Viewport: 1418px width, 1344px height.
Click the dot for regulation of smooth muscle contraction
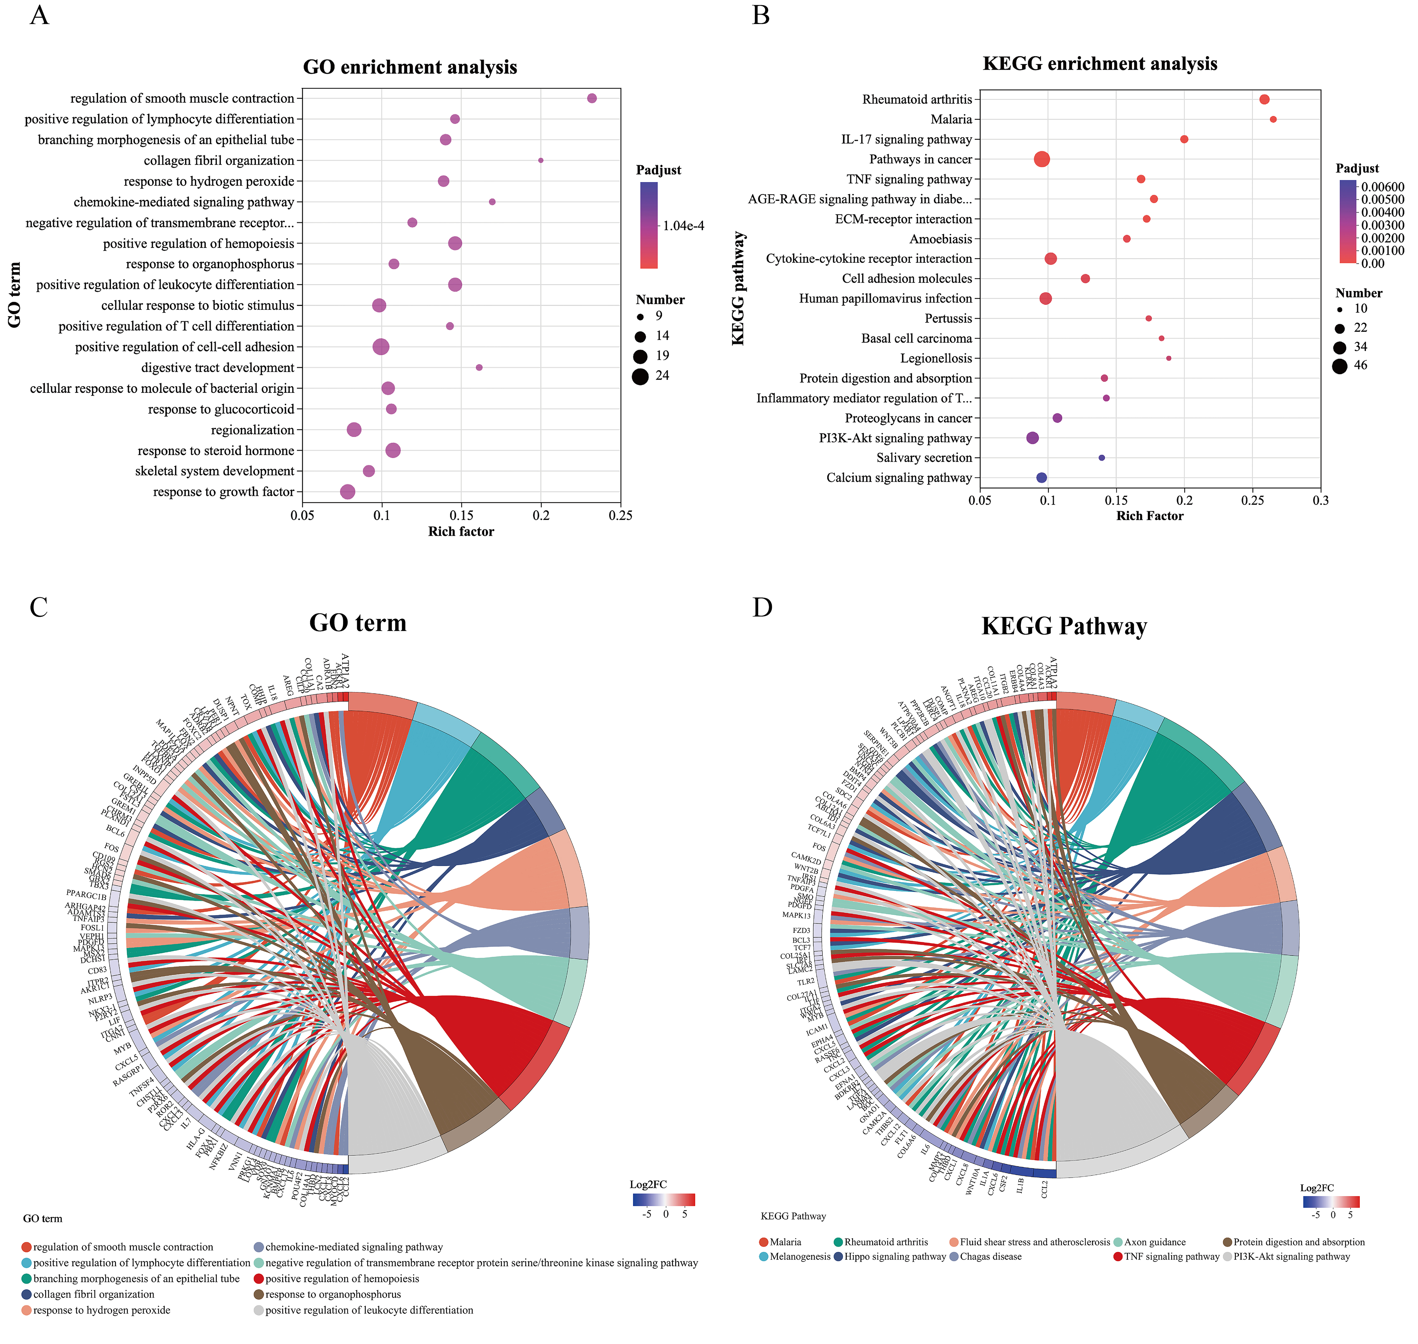[592, 98]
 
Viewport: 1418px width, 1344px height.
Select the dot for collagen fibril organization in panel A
[541, 160]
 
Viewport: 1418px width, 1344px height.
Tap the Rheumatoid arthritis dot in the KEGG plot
[1265, 100]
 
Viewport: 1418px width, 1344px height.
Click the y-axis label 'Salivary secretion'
[924, 458]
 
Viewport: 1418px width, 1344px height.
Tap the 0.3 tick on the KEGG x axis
[1321, 501]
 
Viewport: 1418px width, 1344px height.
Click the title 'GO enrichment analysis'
[410, 67]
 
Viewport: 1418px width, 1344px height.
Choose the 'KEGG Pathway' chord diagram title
[1064, 627]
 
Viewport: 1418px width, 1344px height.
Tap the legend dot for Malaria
[764, 1242]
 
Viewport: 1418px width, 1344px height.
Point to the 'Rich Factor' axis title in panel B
[1149, 516]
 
